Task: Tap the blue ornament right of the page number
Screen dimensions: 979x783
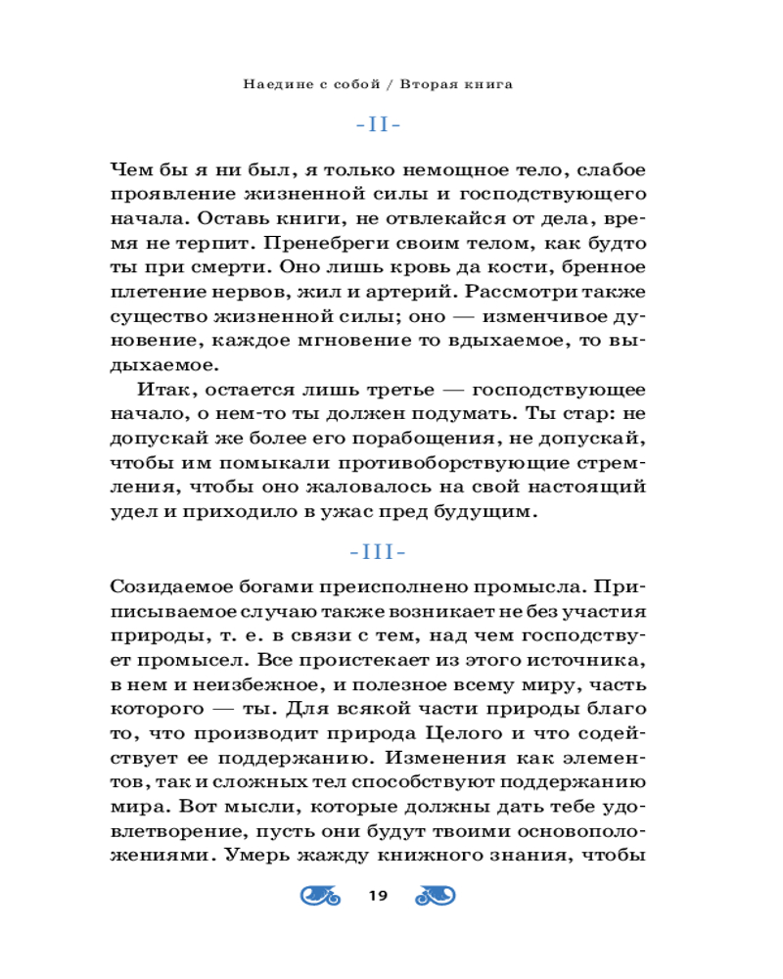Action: point(437,894)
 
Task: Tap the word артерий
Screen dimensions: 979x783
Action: point(400,290)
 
